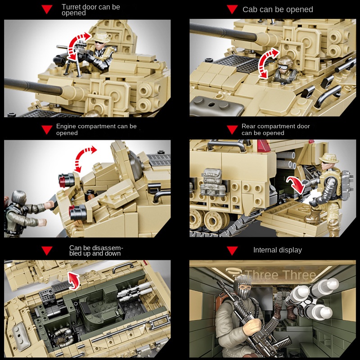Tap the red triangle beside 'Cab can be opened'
click(232, 9)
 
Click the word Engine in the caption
click(66, 126)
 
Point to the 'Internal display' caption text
click(278, 250)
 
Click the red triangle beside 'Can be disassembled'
click(47, 251)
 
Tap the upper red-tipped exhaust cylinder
click(66, 180)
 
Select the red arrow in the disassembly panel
click(74, 280)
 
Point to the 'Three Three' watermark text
click(280, 275)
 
